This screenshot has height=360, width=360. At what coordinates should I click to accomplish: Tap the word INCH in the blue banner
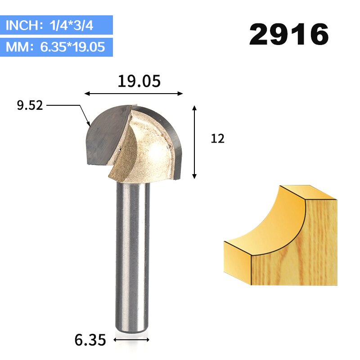pos(22,26)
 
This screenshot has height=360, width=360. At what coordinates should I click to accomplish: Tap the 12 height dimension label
pos(217,139)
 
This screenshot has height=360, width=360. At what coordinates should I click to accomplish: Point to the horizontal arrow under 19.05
pos(134,94)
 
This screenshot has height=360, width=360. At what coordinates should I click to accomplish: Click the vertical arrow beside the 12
pos(194,142)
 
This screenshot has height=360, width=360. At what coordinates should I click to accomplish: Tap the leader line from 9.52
pos(67,106)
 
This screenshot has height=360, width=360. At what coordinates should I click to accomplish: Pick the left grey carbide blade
pos(106,135)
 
